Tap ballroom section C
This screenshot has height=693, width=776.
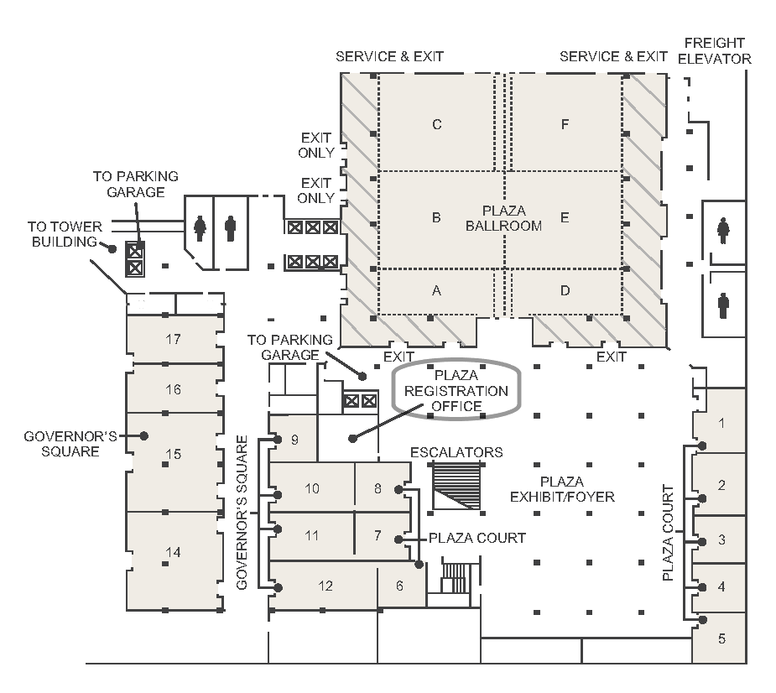436,125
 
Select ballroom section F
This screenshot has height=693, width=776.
565,125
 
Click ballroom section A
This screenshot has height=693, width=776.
436,291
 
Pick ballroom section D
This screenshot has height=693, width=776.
565,291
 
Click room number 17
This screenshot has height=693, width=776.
174,340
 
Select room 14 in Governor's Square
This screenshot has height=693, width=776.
174,552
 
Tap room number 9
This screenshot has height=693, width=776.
294,439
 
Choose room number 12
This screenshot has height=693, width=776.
325,586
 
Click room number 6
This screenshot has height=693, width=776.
399,586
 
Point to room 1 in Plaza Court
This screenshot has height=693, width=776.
721,423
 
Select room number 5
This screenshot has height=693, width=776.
721,638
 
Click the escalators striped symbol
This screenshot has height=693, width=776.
456,486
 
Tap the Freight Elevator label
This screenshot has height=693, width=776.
714,50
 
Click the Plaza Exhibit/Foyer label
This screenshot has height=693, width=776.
562,489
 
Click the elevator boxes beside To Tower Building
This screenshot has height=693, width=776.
134,258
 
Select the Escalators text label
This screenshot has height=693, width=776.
456,452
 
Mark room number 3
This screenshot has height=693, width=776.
721,540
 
